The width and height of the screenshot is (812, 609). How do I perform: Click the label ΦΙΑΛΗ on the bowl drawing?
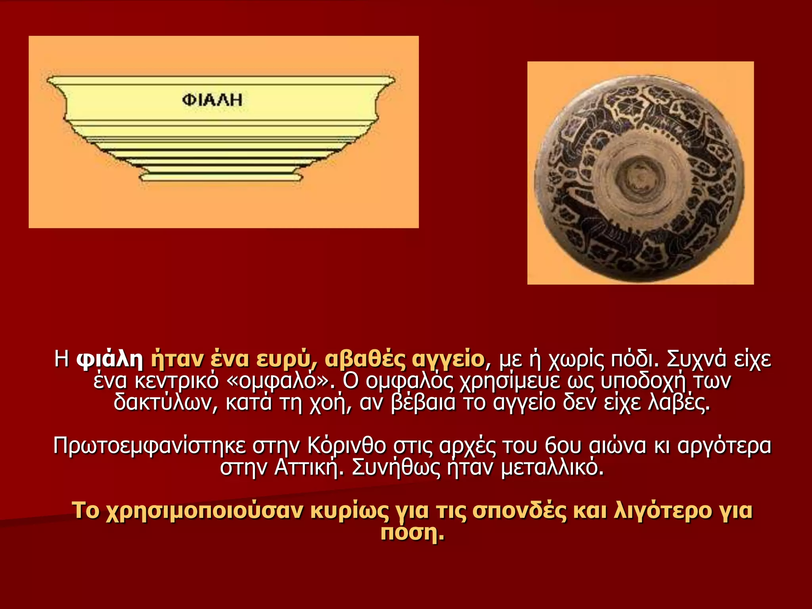[x=212, y=100]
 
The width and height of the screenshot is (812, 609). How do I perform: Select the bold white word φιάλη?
[x=110, y=359]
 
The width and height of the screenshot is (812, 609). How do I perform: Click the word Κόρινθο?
[x=346, y=446]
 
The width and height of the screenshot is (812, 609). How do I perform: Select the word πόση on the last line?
[x=412, y=532]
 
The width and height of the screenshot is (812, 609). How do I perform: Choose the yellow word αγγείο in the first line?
[x=448, y=359]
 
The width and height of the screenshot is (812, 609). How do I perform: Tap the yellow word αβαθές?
[x=365, y=359]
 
